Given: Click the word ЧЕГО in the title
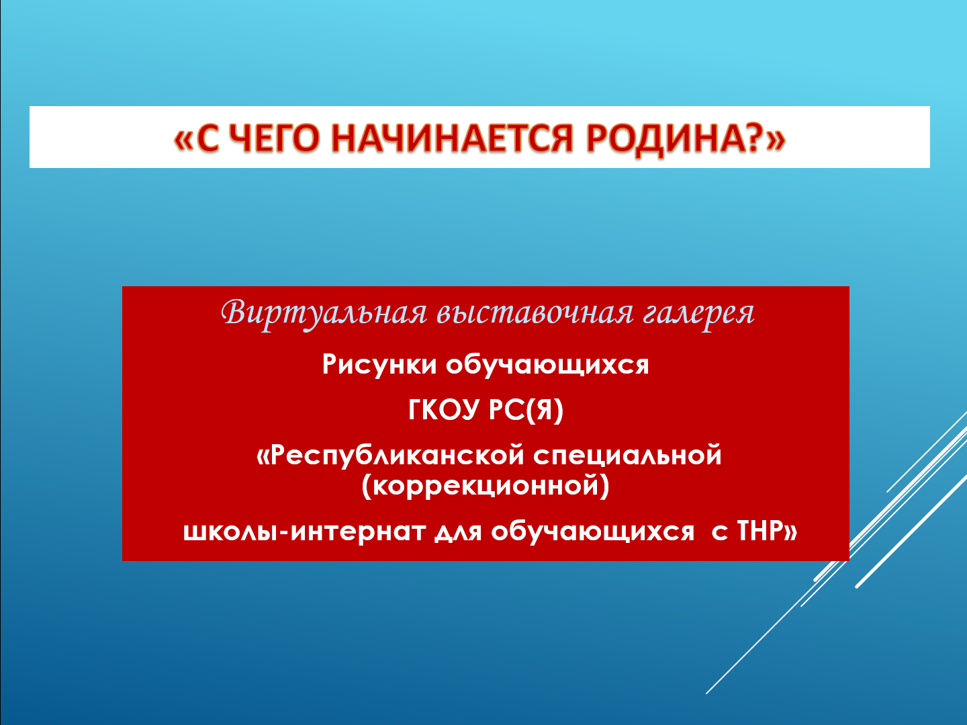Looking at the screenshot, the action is tap(280, 138).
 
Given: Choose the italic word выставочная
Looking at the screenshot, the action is tap(535, 313).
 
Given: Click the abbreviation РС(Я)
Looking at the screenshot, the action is tap(526, 411).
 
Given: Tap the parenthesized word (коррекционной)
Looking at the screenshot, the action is tap(485, 486).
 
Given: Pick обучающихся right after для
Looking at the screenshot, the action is tap(592, 531).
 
